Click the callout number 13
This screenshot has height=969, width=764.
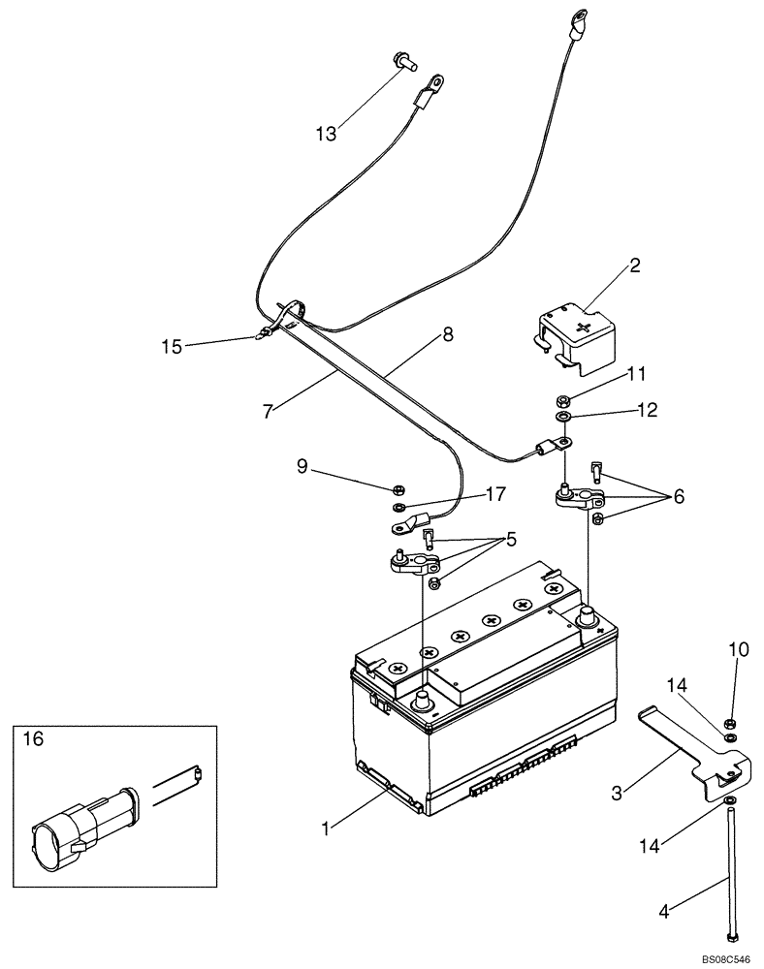point(326,134)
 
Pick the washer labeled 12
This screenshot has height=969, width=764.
point(563,418)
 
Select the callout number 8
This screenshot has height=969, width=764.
point(447,334)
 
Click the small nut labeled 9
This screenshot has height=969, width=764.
point(397,487)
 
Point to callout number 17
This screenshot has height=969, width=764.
point(494,493)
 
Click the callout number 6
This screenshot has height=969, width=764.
point(679,496)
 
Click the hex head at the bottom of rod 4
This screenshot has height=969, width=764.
point(729,938)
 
